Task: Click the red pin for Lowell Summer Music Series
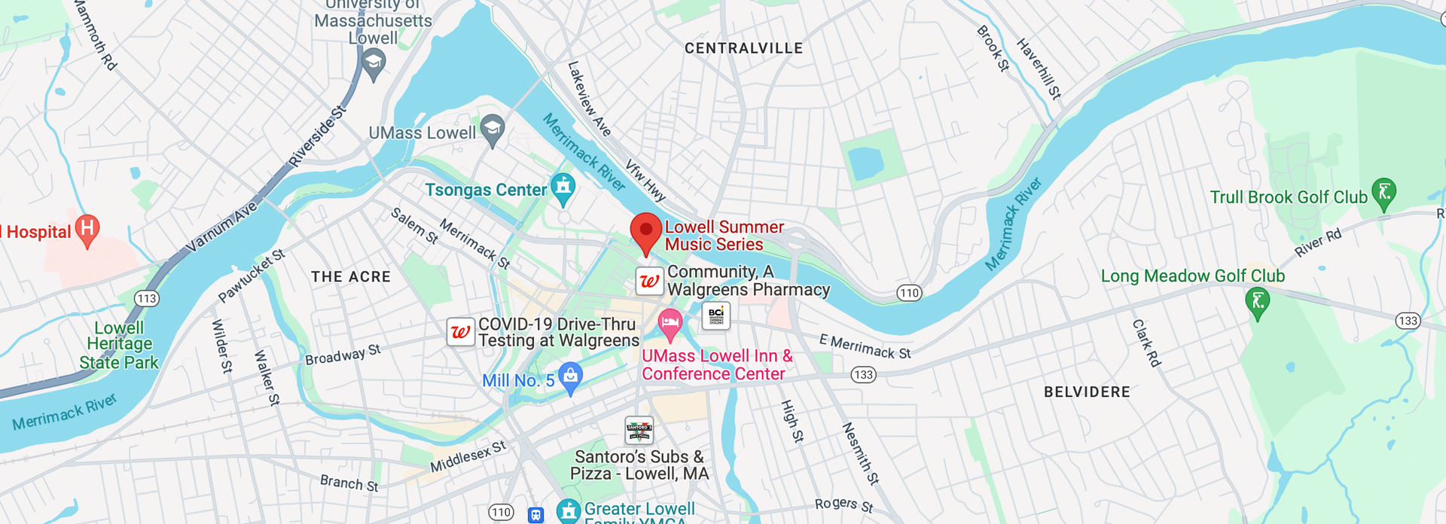(645, 231)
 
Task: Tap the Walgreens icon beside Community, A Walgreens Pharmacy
(649, 282)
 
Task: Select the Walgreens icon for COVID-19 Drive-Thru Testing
(460, 331)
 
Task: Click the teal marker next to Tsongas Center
(563, 187)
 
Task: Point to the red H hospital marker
(87, 229)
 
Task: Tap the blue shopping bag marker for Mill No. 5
(571, 376)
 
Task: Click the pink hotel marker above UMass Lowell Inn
(670, 324)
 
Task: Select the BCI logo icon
(715, 315)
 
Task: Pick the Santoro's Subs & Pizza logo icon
(639, 431)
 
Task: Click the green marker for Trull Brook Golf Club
(1383, 193)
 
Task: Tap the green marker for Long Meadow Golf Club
(1257, 303)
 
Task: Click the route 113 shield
(146, 298)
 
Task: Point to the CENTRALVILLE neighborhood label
(743, 48)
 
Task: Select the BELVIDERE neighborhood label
(1087, 391)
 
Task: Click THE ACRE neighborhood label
(351, 276)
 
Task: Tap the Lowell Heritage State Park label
(119, 345)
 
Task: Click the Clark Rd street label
(1146, 343)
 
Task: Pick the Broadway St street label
(343, 355)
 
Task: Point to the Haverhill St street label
(1039, 69)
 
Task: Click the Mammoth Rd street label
(96, 35)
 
